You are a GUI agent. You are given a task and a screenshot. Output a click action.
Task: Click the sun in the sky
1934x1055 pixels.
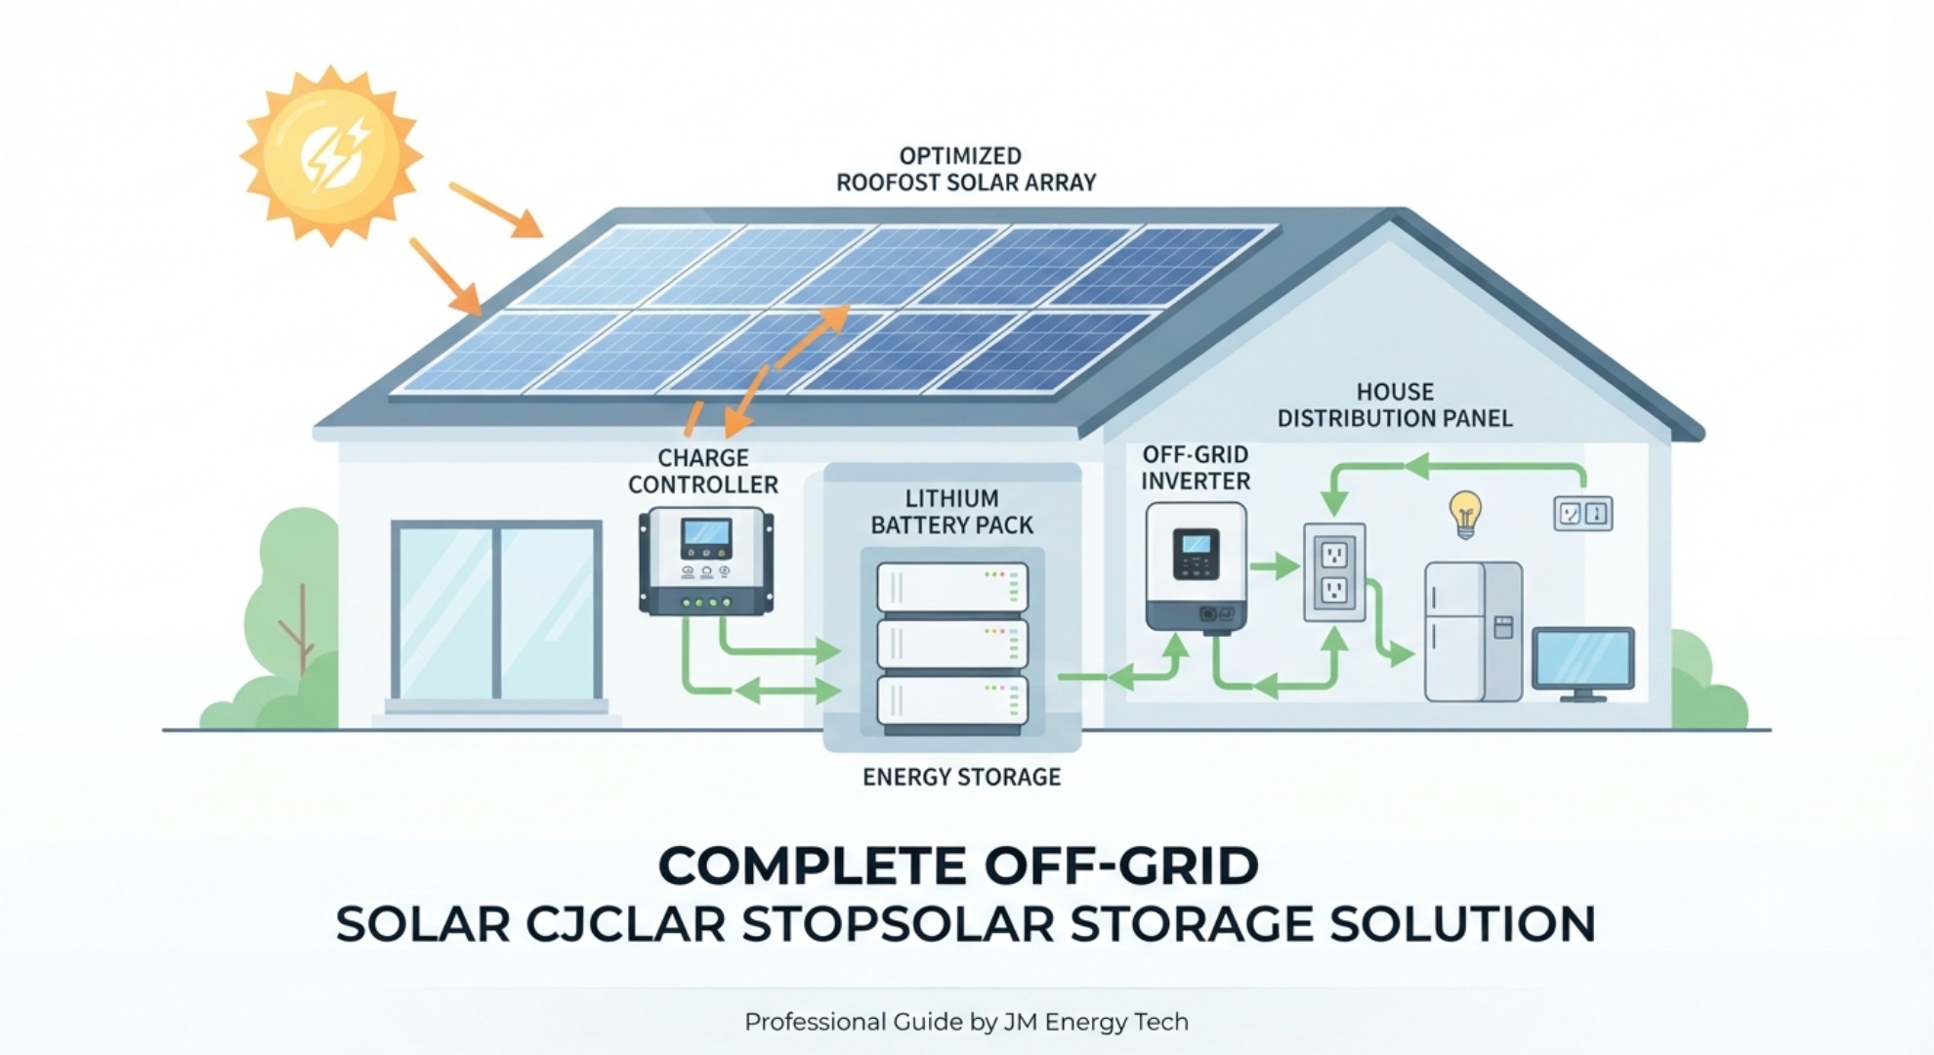(x=331, y=155)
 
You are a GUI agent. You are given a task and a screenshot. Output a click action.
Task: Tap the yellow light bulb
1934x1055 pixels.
(x=1464, y=514)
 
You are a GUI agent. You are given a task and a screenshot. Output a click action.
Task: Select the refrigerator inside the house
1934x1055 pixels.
(x=1472, y=631)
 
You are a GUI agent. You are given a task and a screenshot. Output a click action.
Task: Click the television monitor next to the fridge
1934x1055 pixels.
(x=1582, y=662)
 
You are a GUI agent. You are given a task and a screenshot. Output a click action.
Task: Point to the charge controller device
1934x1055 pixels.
(x=706, y=561)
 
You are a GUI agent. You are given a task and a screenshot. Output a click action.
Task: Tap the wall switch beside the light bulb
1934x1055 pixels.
(x=1582, y=514)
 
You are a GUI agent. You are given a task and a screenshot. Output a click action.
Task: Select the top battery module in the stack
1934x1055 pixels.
(x=952, y=587)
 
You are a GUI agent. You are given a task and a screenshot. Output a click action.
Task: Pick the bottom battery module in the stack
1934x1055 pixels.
(x=952, y=701)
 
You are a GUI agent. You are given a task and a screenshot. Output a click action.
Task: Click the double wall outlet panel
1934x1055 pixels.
(x=1334, y=572)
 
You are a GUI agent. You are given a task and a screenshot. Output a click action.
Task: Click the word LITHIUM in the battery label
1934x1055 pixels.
(x=951, y=498)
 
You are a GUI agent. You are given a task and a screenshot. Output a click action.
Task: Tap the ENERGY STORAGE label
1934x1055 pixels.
(x=961, y=777)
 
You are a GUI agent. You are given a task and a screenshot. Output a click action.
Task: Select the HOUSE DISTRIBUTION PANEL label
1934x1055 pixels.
(x=1395, y=405)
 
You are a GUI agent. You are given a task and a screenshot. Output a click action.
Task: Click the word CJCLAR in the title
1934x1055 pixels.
(x=625, y=924)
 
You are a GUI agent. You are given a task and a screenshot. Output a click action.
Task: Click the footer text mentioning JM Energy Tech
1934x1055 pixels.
(x=966, y=1022)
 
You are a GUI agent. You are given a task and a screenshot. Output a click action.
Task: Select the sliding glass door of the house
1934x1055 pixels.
(x=496, y=611)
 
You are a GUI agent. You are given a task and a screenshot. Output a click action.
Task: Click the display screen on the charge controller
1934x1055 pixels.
(x=706, y=533)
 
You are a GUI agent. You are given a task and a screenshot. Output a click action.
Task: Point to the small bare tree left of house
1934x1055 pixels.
(x=299, y=630)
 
